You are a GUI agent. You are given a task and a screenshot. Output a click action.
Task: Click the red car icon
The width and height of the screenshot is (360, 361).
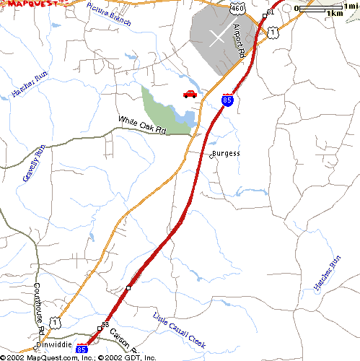pos(190,93)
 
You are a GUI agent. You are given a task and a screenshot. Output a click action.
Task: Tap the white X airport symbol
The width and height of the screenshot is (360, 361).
pos(217,38)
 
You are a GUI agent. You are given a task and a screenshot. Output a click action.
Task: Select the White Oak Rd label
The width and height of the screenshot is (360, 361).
pos(142,126)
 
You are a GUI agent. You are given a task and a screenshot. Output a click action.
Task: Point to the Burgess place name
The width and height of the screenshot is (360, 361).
pos(226,154)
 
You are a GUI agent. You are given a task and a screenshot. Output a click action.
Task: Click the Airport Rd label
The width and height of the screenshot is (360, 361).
pos(240,41)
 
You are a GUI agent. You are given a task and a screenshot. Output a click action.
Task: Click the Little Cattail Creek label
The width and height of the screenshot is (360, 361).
pos(179,331)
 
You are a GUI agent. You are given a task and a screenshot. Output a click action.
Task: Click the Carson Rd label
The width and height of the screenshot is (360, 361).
pos(123,336)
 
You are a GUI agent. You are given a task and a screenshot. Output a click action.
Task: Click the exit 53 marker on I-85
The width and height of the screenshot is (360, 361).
pos(105,326)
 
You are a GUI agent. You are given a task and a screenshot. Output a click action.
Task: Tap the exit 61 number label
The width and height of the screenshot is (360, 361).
pos(270,13)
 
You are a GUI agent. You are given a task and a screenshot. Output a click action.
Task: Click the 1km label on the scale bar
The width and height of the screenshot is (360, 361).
pos(334,13)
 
